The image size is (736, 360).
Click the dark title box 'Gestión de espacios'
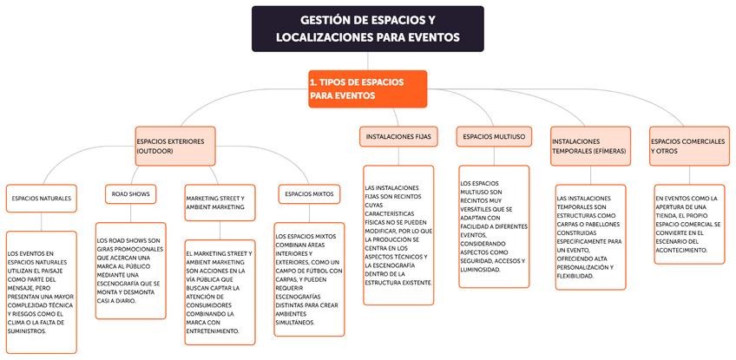367,28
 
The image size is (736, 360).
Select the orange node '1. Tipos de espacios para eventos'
367,88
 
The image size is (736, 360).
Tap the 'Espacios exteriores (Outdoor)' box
174,145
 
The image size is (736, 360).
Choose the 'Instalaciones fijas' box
398,137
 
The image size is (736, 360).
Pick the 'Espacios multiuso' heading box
493,137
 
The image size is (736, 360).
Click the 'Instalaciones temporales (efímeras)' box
589,145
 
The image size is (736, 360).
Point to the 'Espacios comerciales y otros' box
686,145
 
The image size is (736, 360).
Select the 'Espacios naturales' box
42,198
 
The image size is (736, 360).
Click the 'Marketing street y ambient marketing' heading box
220,202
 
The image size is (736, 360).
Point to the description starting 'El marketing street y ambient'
220,292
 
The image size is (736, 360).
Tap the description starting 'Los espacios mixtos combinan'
309,279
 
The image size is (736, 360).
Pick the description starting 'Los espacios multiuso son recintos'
494,226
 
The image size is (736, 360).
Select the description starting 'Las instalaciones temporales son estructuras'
590,236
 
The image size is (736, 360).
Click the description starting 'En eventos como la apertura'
687,223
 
